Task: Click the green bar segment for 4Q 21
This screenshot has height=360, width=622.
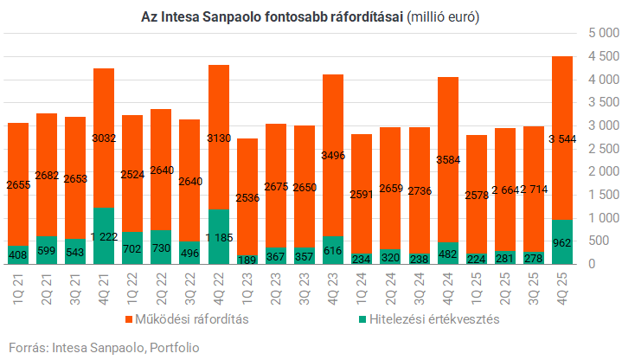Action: coord(104,235)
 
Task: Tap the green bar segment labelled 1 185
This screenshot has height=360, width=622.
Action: coord(219,236)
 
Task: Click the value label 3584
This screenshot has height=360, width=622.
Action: coord(448,159)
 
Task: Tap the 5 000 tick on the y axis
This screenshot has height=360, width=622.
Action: coord(600,34)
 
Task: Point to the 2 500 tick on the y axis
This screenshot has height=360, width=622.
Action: coord(600,149)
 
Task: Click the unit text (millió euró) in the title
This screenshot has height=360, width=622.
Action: coord(440,17)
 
